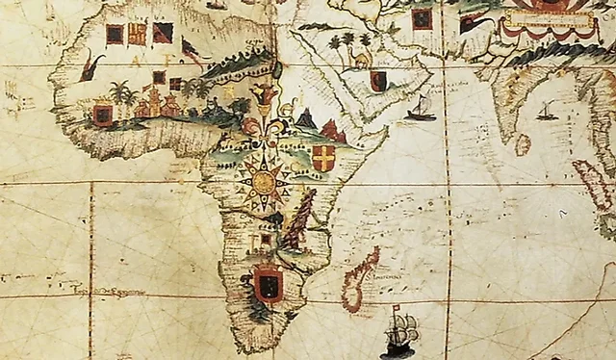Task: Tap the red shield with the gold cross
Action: tap(324, 158)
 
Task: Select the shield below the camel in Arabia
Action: tap(378, 81)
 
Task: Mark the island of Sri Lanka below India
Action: tap(523, 144)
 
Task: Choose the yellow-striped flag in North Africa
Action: tap(137, 34)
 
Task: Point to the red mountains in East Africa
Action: tap(333, 131)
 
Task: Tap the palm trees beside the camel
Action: tap(339, 44)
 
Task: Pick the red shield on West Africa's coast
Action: tap(102, 116)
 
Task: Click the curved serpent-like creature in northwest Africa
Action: tap(90, 67)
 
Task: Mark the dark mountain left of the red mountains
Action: tap(307, 119)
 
